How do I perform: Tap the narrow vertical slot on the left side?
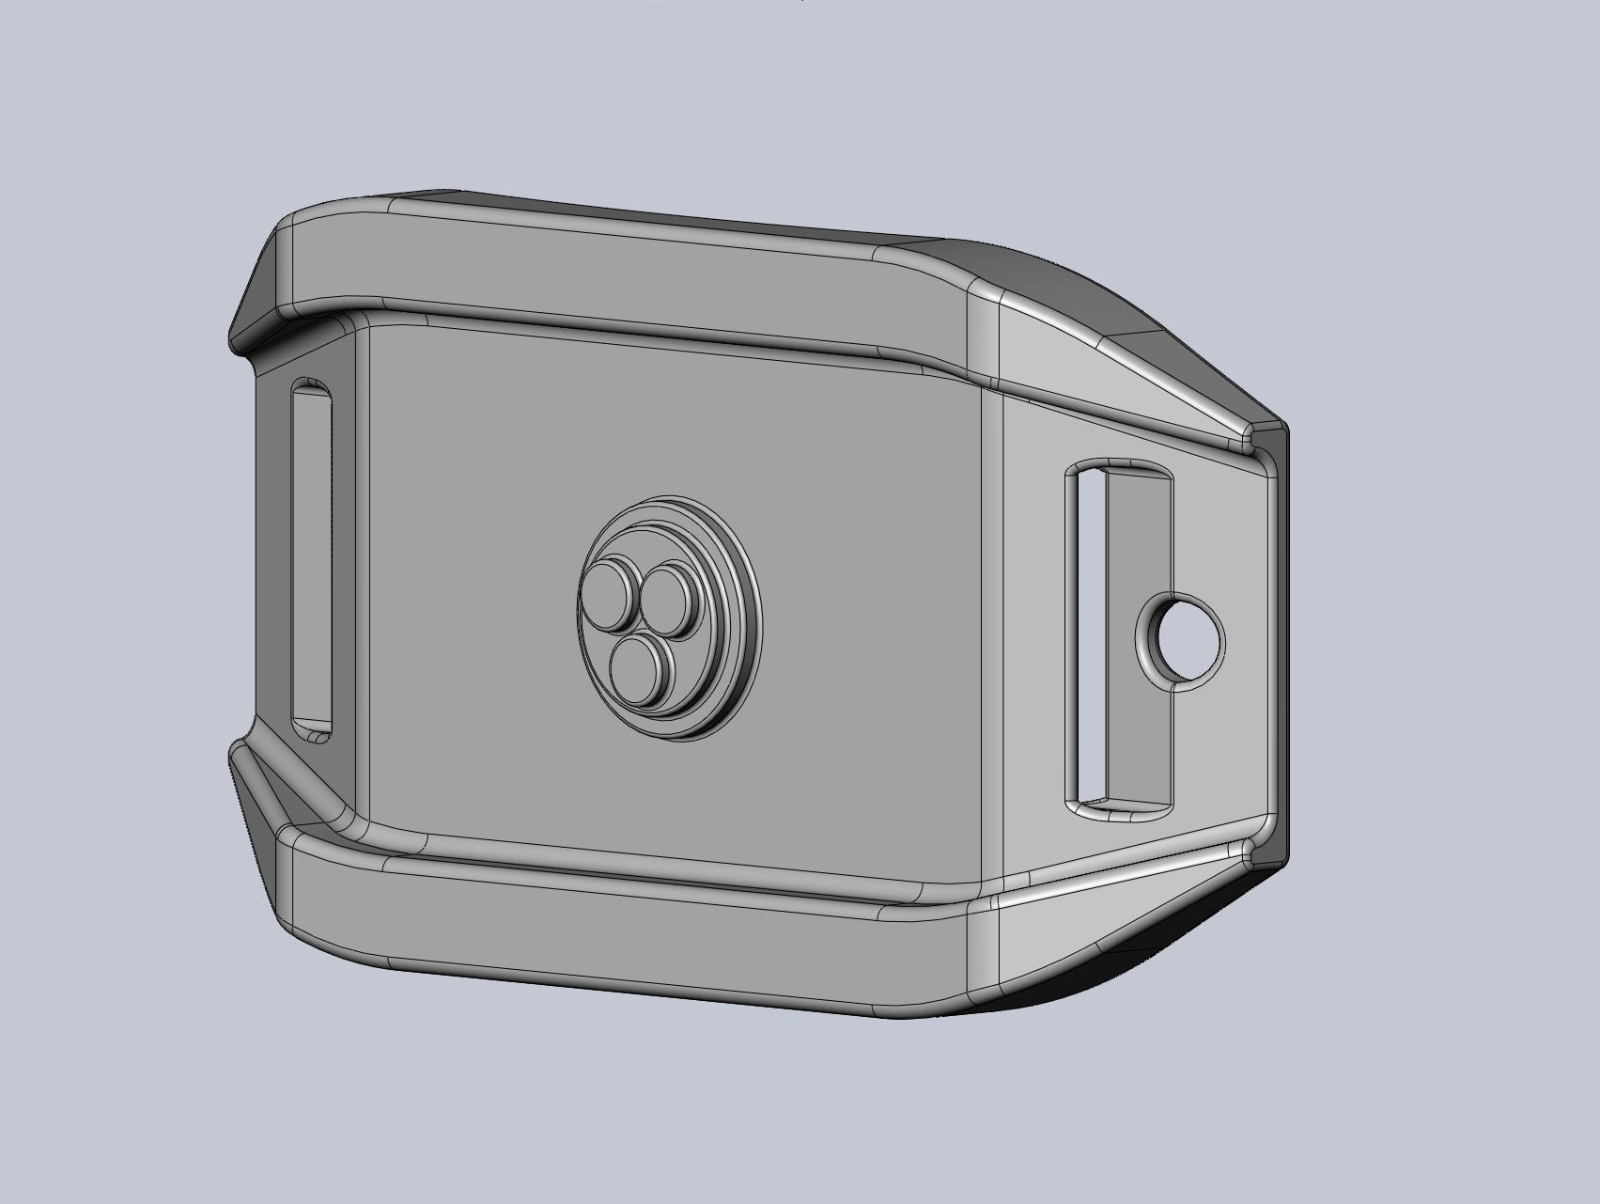tap(312, 560)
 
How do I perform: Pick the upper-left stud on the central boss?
tap(608, 595)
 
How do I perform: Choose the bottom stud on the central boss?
tap(639, 665)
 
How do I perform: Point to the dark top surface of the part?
tap(658, 211)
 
